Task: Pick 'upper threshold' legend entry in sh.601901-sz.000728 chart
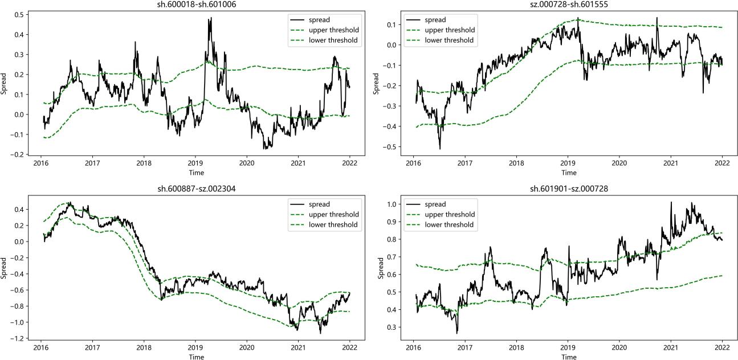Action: [450, 214]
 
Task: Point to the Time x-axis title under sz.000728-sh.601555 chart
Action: [568, 173]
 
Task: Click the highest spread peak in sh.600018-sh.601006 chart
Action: [211, 18]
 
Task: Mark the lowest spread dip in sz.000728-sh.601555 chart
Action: [440, 149]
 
